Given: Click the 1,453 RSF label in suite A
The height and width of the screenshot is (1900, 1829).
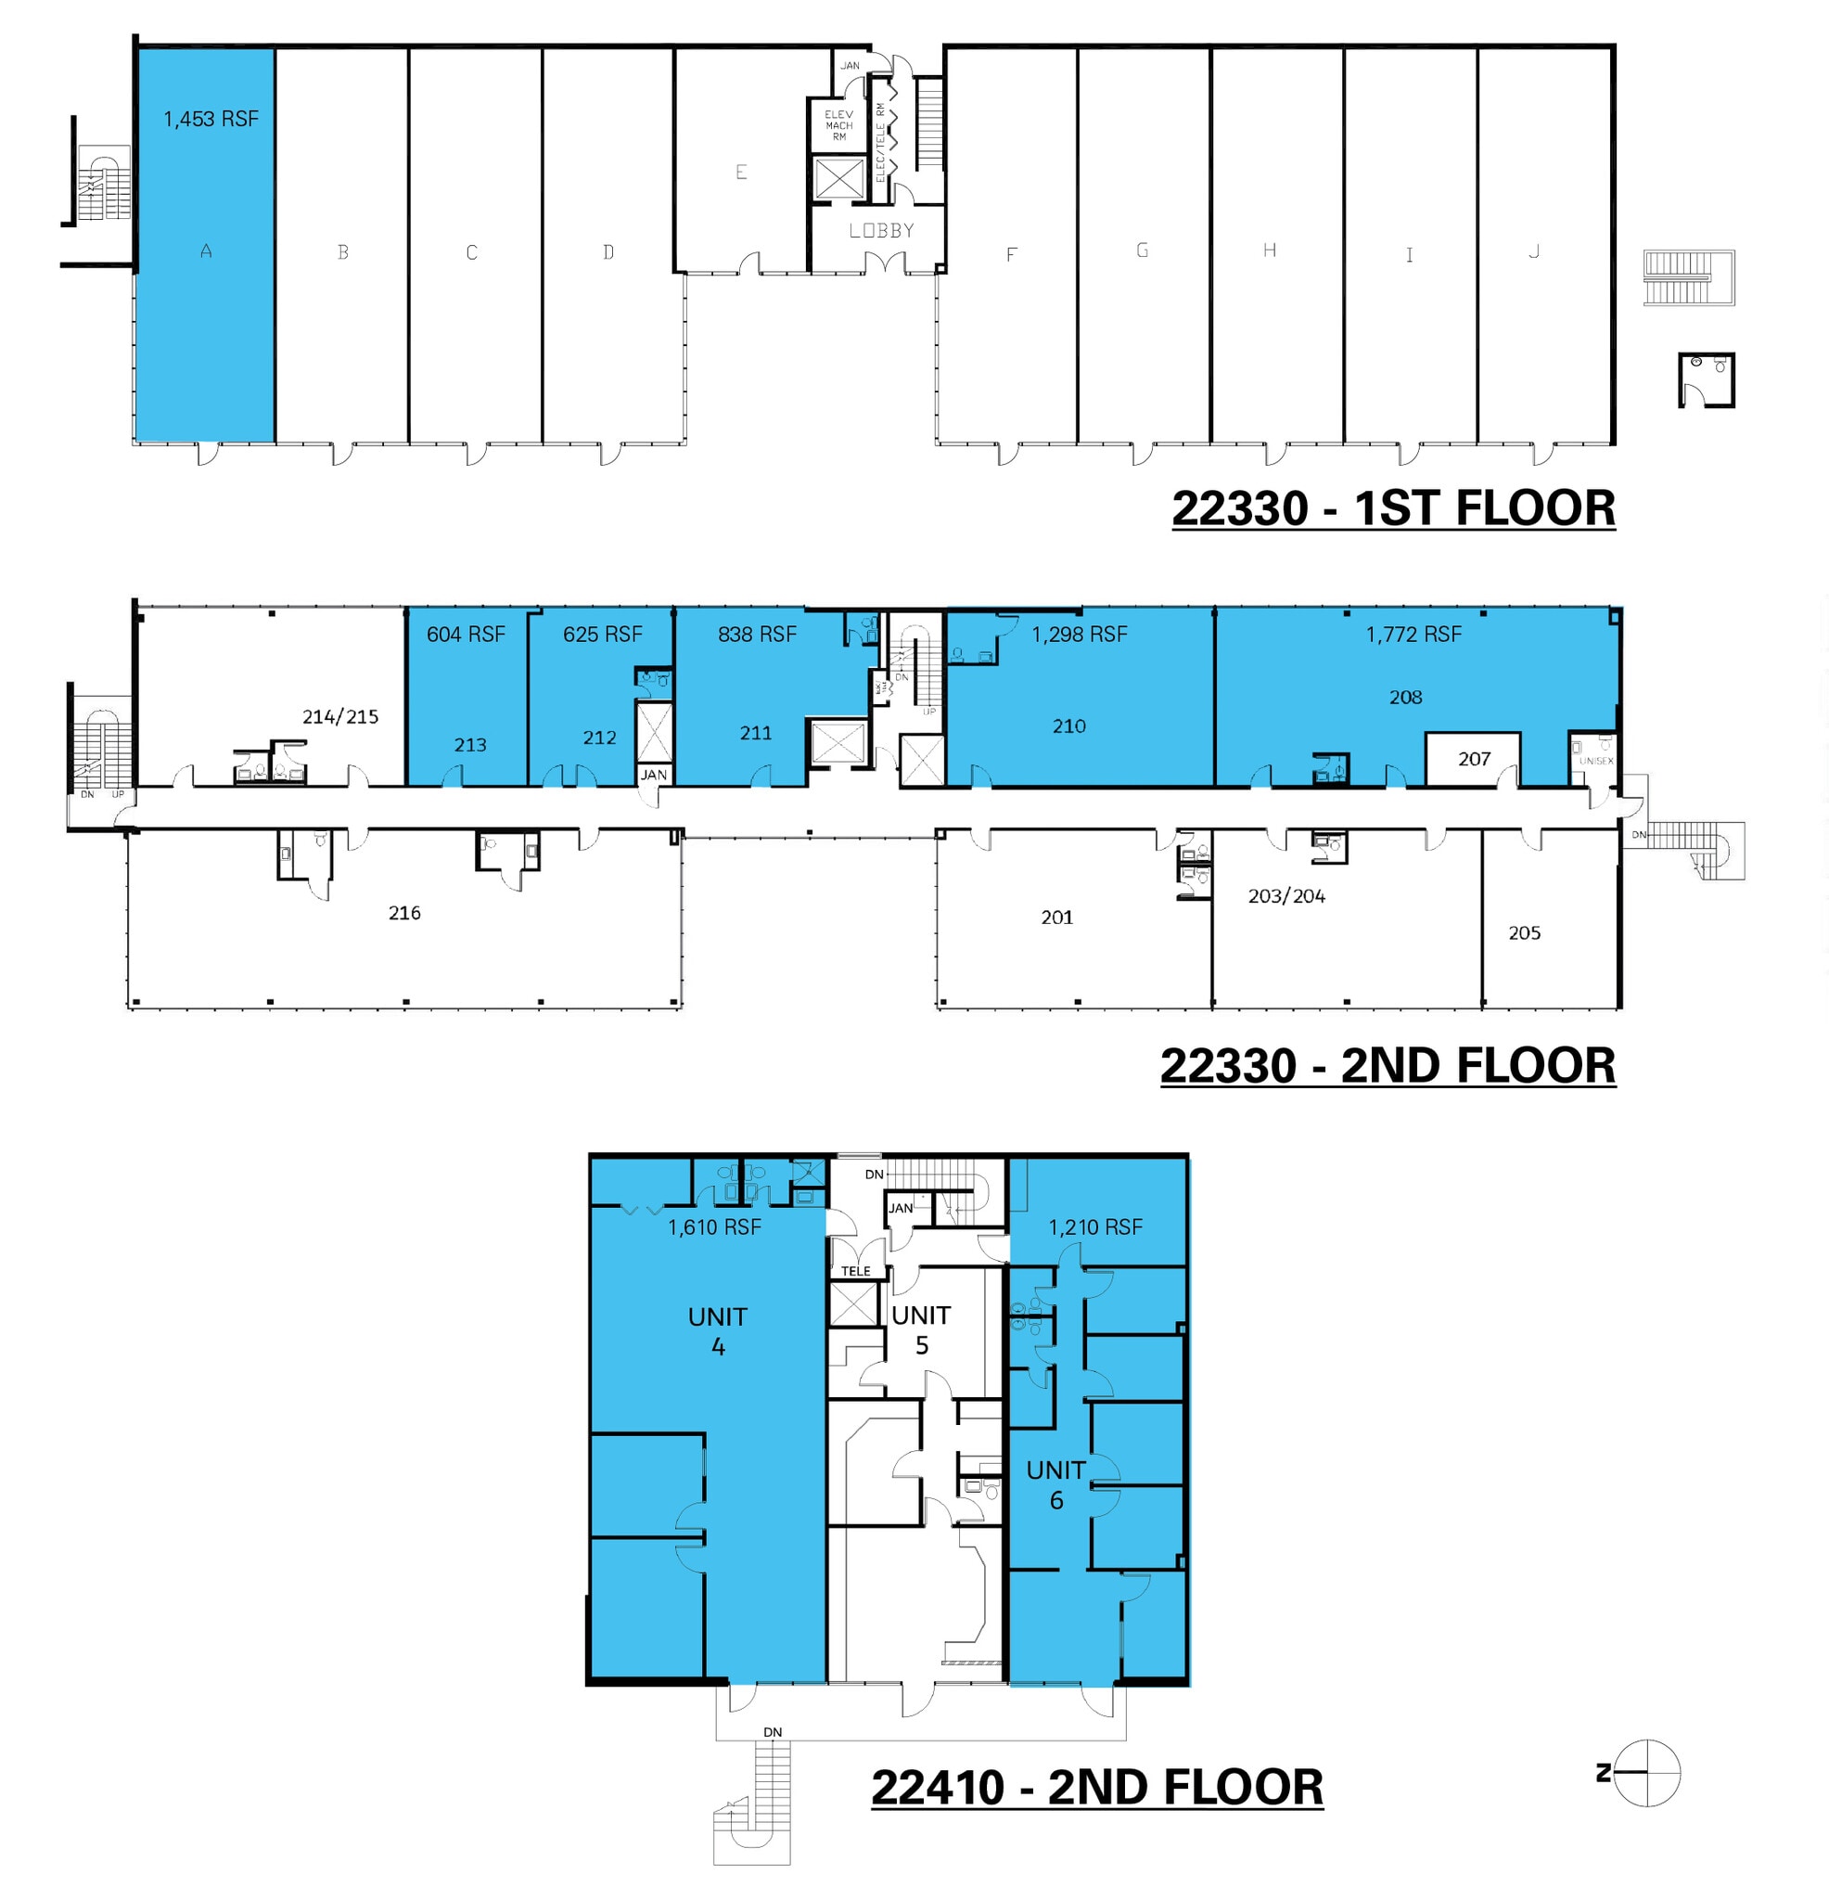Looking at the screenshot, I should pyautogui.click(x=211, y=120).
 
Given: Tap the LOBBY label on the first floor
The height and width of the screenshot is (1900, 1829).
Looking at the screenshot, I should pyautogui.click(x=881, y=231).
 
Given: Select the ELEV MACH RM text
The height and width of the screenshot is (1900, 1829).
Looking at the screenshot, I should pyautogui.click(x=838, y=125).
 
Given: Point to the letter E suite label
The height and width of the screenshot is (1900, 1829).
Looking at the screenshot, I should pyautogui.click(x=740, y=173).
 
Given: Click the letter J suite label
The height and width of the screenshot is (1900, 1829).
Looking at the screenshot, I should pyautogui.click(x=1533, y=252).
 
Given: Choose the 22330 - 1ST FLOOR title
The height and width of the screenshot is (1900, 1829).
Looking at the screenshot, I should pyautogui.click(x=1393, y=508).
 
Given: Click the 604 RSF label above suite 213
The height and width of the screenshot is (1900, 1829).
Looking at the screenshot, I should pyautogui.click(x=466, y=634).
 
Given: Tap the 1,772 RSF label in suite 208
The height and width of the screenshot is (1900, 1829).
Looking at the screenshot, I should pyautogui.click(x=1413, y=634).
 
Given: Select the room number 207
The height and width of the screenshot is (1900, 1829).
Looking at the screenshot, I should pyautogui.click(x=1473, y=759).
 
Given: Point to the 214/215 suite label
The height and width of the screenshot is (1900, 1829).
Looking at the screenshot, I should pyautogui.click(x=340, y=716).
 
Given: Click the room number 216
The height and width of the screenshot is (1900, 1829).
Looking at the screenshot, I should pyautogui.click(x=404, y=912).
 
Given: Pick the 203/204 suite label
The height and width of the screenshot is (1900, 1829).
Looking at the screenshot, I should pyautogui.click(x=1286, y=895).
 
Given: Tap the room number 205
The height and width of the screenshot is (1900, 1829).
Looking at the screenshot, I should pyautogui.click(x=1524, y=932).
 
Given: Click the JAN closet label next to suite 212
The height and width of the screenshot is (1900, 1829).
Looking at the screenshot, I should pyautogui.click(x=653, y=775).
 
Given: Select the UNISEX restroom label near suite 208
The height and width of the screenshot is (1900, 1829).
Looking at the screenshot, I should pyautogui.click(x=1595, y=761).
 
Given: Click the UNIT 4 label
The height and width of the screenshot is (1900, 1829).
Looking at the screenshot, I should pyautogui.click(x=717, y=1331).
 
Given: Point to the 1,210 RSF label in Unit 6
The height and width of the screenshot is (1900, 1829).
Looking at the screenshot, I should pyautogui.click(x=1095, y=1227).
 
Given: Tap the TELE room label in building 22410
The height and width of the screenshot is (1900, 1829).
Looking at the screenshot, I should pyautogui.click(x=855, y=1271).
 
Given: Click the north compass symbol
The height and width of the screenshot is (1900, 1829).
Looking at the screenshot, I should pyautogui.click(x=1645, y=1773).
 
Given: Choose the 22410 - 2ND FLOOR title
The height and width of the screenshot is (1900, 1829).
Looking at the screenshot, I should pyautogui.click(x=1096, y=1787).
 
